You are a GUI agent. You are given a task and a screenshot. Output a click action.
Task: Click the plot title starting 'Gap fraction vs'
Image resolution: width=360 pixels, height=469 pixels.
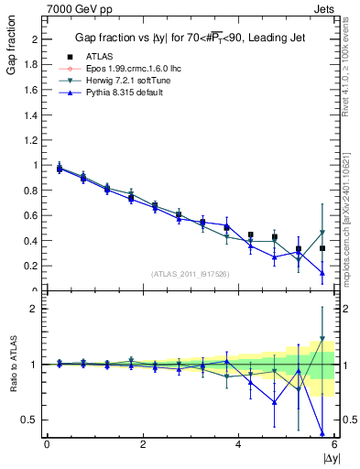(191, 38)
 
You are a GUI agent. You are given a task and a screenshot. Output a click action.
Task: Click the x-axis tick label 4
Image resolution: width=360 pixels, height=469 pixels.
(238, 444)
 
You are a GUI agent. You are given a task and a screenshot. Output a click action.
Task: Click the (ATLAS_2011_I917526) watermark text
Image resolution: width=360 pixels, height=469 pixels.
(191, 273)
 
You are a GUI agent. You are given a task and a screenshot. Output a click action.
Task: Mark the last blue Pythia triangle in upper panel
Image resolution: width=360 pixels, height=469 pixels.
(322, 272)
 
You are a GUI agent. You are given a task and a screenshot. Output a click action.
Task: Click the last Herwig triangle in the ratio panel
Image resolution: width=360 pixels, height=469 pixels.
(322, 340)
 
